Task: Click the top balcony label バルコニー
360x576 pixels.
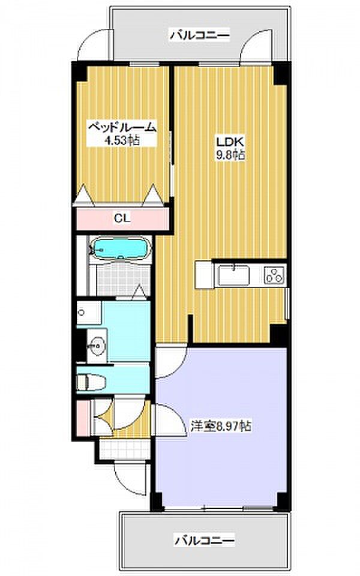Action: [x=200, y=35]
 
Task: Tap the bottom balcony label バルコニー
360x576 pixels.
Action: [x=204, y=541]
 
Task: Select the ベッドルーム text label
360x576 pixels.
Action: [x=122, y=127]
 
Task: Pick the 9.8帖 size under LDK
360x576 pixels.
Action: [x=230, y=155]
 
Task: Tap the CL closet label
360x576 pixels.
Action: [x=122, y=218]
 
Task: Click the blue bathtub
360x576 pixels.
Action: [x=120, y=250]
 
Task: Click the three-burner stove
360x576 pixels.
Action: [x=275, y=275]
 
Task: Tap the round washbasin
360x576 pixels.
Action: [x=97, y=346]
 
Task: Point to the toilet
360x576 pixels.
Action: [x=91, y=382]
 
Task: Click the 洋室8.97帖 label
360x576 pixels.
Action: [x=220, y=426]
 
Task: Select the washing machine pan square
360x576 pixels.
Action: [x=89, y=313]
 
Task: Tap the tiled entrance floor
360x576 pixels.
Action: [x=125, y=448]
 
